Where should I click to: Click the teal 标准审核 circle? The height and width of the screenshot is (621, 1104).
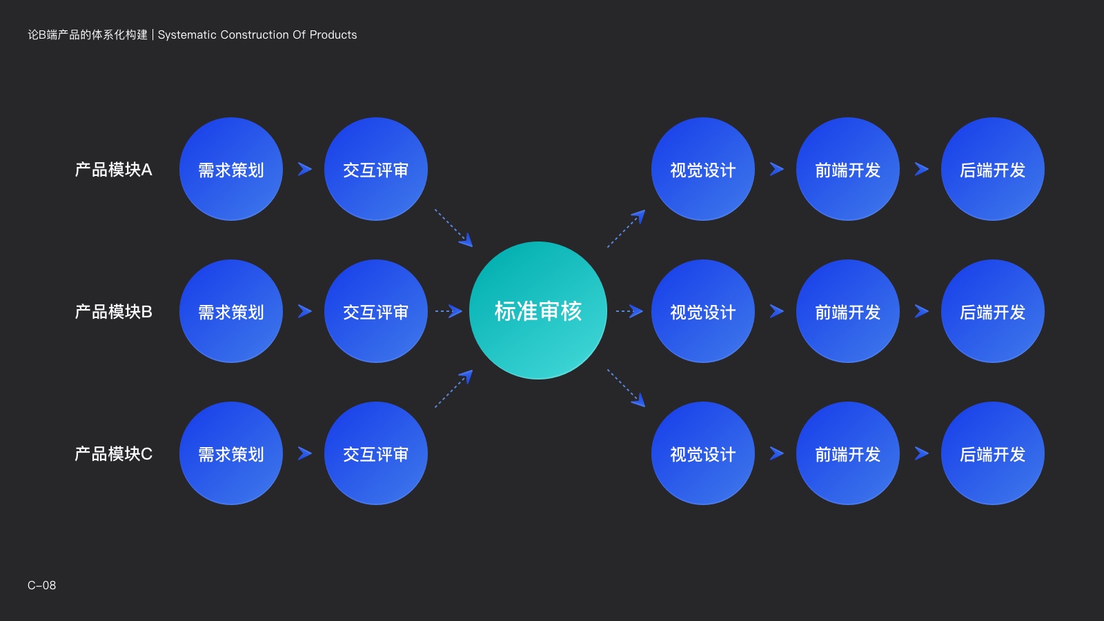coord(538,310)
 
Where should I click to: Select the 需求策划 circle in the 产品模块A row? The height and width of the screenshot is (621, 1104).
coord(231,169)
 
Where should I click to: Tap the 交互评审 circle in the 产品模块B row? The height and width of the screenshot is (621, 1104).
coord(376,311)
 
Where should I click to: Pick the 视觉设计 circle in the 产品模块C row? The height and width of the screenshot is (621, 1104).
coord(703,453)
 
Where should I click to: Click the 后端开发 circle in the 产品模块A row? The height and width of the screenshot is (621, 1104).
coord(993,169)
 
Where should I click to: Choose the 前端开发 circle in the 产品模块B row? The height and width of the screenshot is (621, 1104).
coord(848,311)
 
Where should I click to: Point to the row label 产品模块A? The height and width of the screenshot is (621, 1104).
coord(113,170)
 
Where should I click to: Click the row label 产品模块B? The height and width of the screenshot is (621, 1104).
coord(113,312)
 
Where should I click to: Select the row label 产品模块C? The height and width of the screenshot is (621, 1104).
coord(113,454)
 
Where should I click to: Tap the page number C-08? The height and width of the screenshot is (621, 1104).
coord(41,585)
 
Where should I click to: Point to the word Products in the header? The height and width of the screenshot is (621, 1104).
coord(333,35)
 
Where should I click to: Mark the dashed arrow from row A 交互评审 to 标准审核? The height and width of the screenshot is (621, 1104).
coord(454,228)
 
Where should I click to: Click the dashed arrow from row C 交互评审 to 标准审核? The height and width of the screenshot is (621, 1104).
coord(454,388)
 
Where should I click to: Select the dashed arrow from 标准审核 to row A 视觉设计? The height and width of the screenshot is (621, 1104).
coord(626,228)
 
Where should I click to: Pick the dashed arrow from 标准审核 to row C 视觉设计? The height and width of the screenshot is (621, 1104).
coord(626,388)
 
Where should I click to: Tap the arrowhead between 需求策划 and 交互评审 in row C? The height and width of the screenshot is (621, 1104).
coord(304,453)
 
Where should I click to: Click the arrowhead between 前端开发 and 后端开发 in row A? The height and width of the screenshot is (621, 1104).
coord(921,169)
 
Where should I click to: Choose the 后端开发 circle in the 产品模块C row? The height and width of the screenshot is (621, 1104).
coord(993,453)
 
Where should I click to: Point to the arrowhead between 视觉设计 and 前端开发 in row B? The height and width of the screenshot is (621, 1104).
coord(776,311)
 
